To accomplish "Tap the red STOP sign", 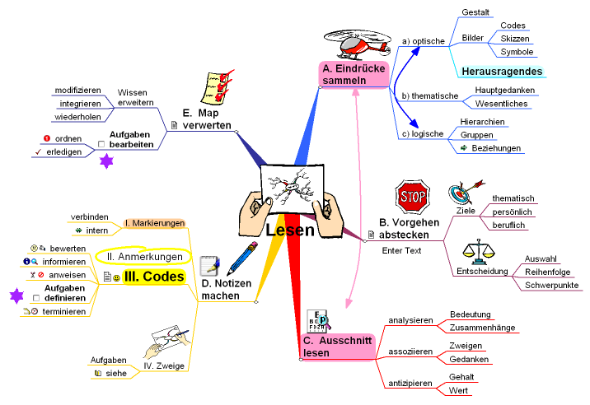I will coord(411,196).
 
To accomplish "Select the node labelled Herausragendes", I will coord(502,72).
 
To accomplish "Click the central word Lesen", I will coord(290,230).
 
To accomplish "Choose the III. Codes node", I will coord(153,277).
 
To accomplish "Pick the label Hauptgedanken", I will coord(505,90).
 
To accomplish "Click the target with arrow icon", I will coord(462,194).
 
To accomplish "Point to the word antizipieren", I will coord(410,384).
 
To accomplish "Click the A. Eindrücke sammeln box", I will coord(353,75).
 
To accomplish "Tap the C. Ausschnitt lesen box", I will coord(339,347).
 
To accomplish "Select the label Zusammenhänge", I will coord(482,328).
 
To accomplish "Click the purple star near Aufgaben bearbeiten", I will coord(105,162).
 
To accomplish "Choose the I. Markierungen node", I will coord(154,223).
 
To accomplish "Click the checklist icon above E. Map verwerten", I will coord(217,86).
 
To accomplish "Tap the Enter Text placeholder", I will coord(401,250).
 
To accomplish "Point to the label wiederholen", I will coord(78,117).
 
